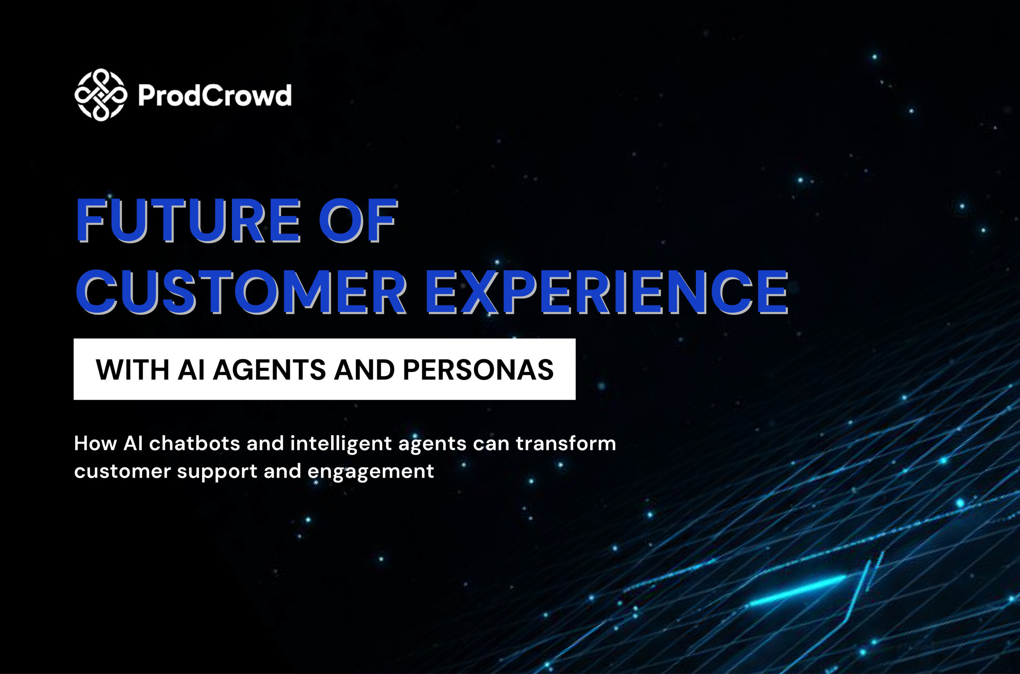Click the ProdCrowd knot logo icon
click(101, 95)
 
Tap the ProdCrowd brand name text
click(215, 95)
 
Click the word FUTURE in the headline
click(188, 220)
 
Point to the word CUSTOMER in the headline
click(241, 291)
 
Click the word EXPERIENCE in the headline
click(607, 291)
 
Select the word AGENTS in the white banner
click(269, 369)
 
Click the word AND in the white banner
click(364, 369)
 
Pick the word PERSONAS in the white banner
click(478, 369)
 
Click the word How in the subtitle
click(95, 443)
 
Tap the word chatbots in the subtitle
click(194, 443)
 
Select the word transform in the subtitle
click(566, 444)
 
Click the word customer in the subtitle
click(123, 472)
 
